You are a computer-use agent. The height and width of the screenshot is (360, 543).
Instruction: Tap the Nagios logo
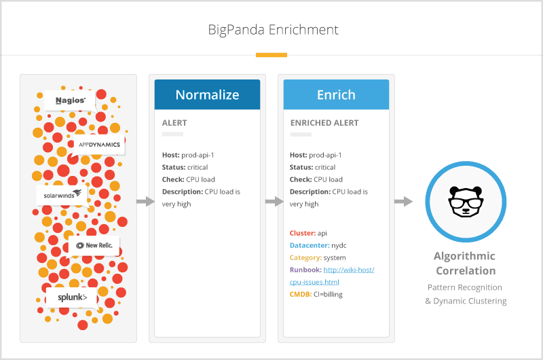click(70, 101)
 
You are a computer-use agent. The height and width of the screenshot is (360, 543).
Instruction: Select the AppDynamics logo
click(99, 145)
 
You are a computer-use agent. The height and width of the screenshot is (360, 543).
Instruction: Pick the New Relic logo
click(94, 245)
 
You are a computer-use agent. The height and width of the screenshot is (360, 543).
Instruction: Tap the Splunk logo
click(71, 298)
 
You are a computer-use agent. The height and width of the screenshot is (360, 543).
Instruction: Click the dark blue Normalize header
click(207, 94)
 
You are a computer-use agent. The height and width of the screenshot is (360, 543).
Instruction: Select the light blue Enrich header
click(336, 94)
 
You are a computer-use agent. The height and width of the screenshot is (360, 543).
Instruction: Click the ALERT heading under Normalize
click(174, 123)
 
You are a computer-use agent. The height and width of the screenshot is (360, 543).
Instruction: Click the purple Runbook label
click(305, 270)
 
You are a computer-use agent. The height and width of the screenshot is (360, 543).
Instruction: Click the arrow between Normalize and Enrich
click(274, 202)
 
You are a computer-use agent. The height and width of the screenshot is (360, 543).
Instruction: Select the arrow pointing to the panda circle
click(403, 202)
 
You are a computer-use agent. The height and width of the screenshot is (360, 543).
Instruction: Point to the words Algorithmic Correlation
click(465, 264)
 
